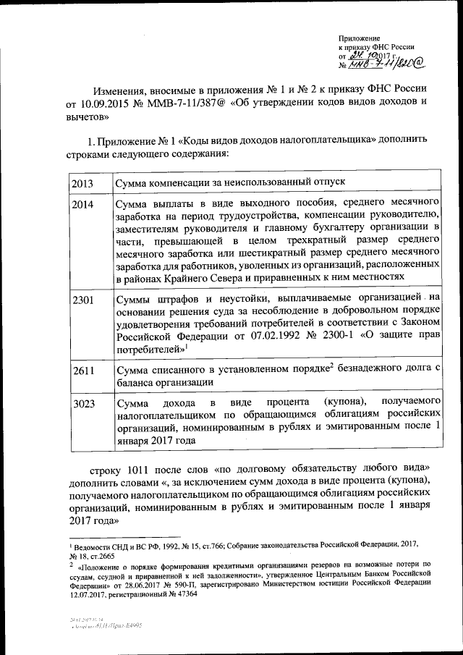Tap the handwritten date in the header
[366, 56]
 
